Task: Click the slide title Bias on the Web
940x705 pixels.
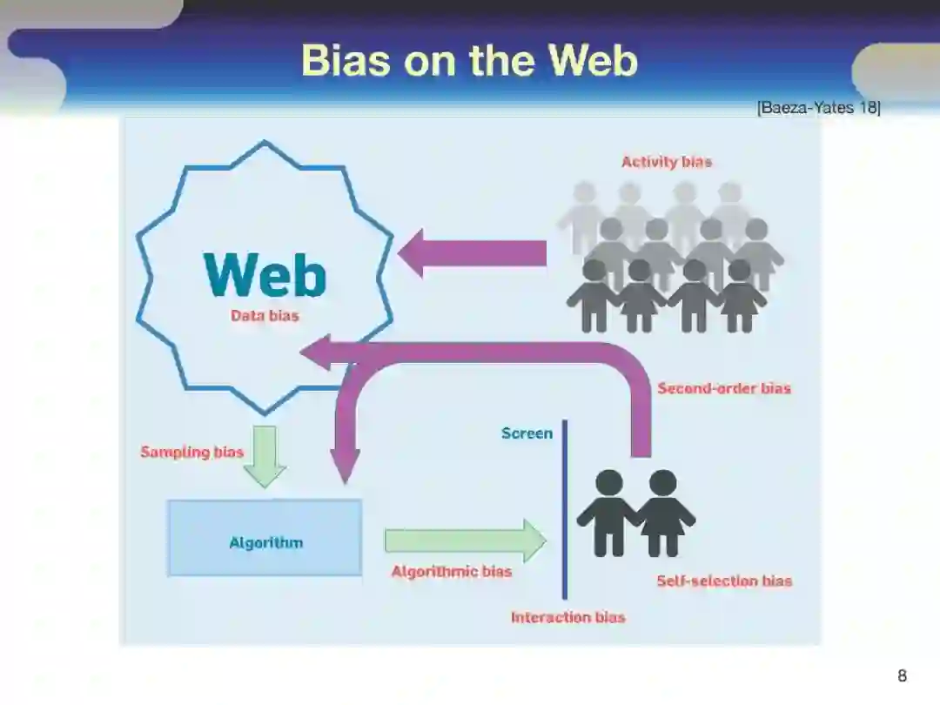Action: coord(469,61)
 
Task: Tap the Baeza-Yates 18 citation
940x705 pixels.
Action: coord(818,108)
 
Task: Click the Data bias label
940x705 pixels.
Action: coord(265,316)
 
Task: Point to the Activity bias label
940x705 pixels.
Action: coord(666,162)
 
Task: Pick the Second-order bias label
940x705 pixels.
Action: coord(724,388)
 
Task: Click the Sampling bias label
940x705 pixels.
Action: coord(191,453)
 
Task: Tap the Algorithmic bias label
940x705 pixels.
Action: coord(451,572)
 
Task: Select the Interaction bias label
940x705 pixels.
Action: coord(567,617)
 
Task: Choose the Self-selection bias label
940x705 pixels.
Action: coord(724,581)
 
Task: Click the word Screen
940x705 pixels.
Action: coord(527,433)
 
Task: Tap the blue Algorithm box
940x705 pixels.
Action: coord(265,538)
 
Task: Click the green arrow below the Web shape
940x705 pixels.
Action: coord(265,456)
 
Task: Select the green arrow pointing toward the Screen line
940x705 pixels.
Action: coord(465,540)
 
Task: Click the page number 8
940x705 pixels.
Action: coord(902,675)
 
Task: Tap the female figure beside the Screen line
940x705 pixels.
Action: coord(663,513)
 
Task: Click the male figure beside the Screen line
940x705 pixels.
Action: coord(609,513)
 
